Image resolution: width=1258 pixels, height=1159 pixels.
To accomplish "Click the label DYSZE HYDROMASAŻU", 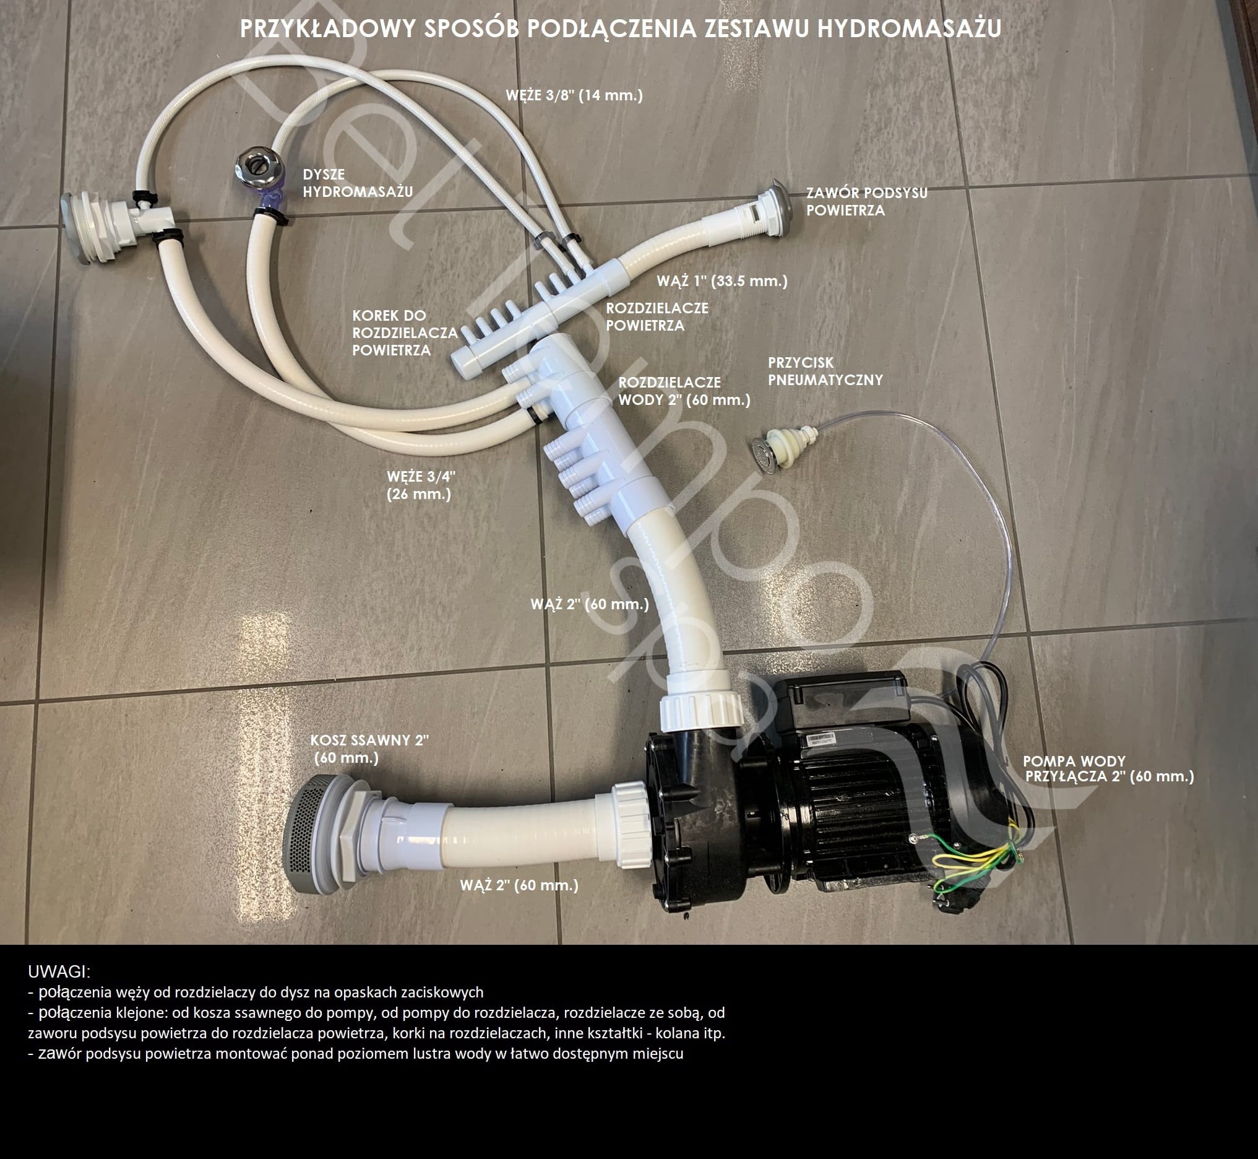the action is pyautogui.click(x=357, y=183).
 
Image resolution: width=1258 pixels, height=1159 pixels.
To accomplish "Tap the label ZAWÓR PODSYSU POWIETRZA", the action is pyautogui.click(x=867, y=201).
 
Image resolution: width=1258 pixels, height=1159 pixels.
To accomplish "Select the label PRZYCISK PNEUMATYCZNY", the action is pyautogui.click(x=825, y=371).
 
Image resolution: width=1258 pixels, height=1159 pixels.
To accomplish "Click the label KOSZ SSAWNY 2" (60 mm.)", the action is pyautogui.click(x=369, y=748).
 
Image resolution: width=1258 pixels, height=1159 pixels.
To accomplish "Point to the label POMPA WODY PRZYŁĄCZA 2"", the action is pyautogui.click(x=1108, y=768).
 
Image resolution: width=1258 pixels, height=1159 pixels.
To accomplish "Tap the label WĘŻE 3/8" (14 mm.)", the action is pyautogui.click(x=574, y=95).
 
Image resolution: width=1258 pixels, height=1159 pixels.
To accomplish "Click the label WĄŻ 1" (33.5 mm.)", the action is pyautogui.click(x=722, y=281).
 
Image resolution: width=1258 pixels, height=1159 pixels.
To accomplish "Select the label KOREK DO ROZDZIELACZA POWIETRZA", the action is pyautogui.click(x=405, y=332).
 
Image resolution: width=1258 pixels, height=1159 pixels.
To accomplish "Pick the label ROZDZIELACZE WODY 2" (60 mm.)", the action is pyautogui.click(x=684, y=391).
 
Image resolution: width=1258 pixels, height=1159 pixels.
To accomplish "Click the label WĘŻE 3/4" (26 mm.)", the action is pyautogui.click(x=421, y=485).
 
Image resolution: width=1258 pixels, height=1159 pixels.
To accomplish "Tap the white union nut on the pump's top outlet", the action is pyautogui.click(x=700, y=711).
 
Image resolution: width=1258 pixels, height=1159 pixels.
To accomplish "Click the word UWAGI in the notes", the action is pyautogui.click(x=59, y=971).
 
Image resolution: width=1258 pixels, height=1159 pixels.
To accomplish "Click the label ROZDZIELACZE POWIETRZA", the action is pyautogui.click(x=657, y=317).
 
